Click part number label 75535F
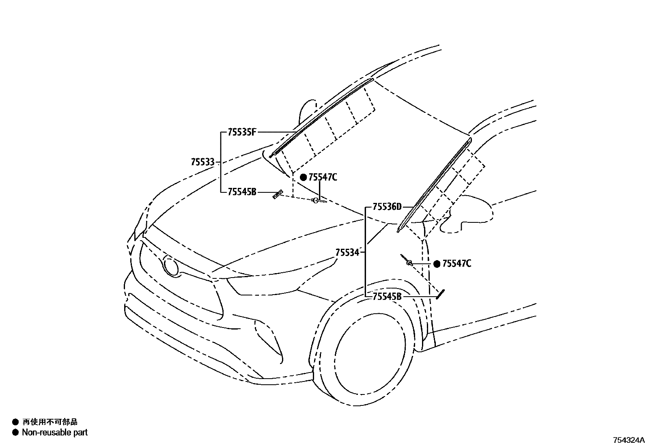[x=242, y=132]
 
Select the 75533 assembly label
[x=202, y=162]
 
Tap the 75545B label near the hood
[x=242, y=192]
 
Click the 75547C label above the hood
[x=323, y=177]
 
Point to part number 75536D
[x=387, y=207]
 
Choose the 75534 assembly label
[x=347, y=252]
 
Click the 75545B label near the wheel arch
[x=387, y=297]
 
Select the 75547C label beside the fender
[x=457, y=264]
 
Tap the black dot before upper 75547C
[x=303, y=177]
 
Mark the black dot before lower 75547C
[x=437, y=264]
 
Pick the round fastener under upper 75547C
[x=315, y=200]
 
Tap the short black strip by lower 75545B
[x=441, y=293]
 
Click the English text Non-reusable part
[x=55, y=433]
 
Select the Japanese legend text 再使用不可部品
[x=50, y=422]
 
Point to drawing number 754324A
[x=629, y=440]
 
